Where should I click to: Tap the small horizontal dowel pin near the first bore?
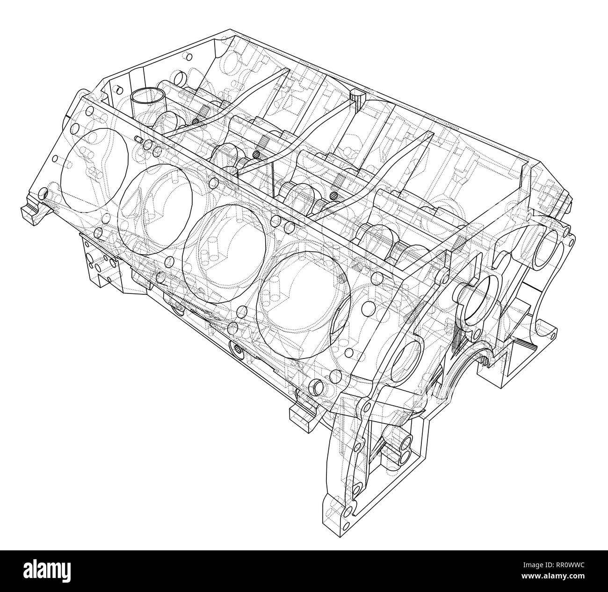[138, 139]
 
